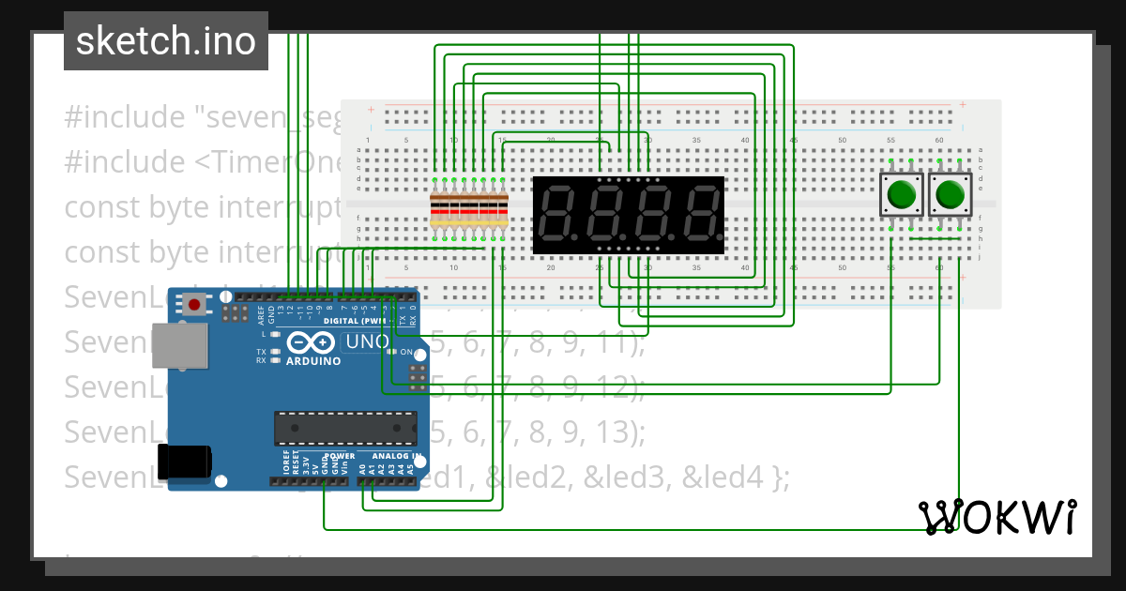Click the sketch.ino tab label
tap(165, 41)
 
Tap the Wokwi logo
tap(998, 517)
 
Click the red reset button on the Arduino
tap(195, 304)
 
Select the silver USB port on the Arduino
tap(181, 346)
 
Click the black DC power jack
tap(185, 462)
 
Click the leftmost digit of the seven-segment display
tap(559, 214)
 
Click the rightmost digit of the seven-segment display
tap(700, 214)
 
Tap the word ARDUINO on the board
tap(312, 361)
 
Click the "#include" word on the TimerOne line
tap(124, 162)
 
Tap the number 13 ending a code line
tap(622, 432)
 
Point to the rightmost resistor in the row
tap(503, 208)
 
